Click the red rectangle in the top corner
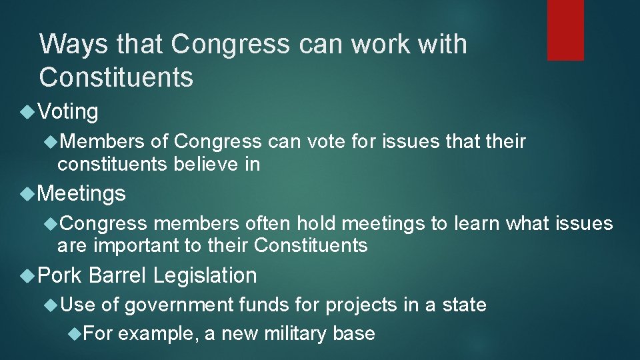[565, 30]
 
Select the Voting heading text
[68, 111]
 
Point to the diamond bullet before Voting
[27, 111]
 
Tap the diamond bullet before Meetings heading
[27, 193]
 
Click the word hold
[317, 223]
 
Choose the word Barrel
[117, 275]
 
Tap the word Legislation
[205, 275]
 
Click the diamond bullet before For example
[75, 333]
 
